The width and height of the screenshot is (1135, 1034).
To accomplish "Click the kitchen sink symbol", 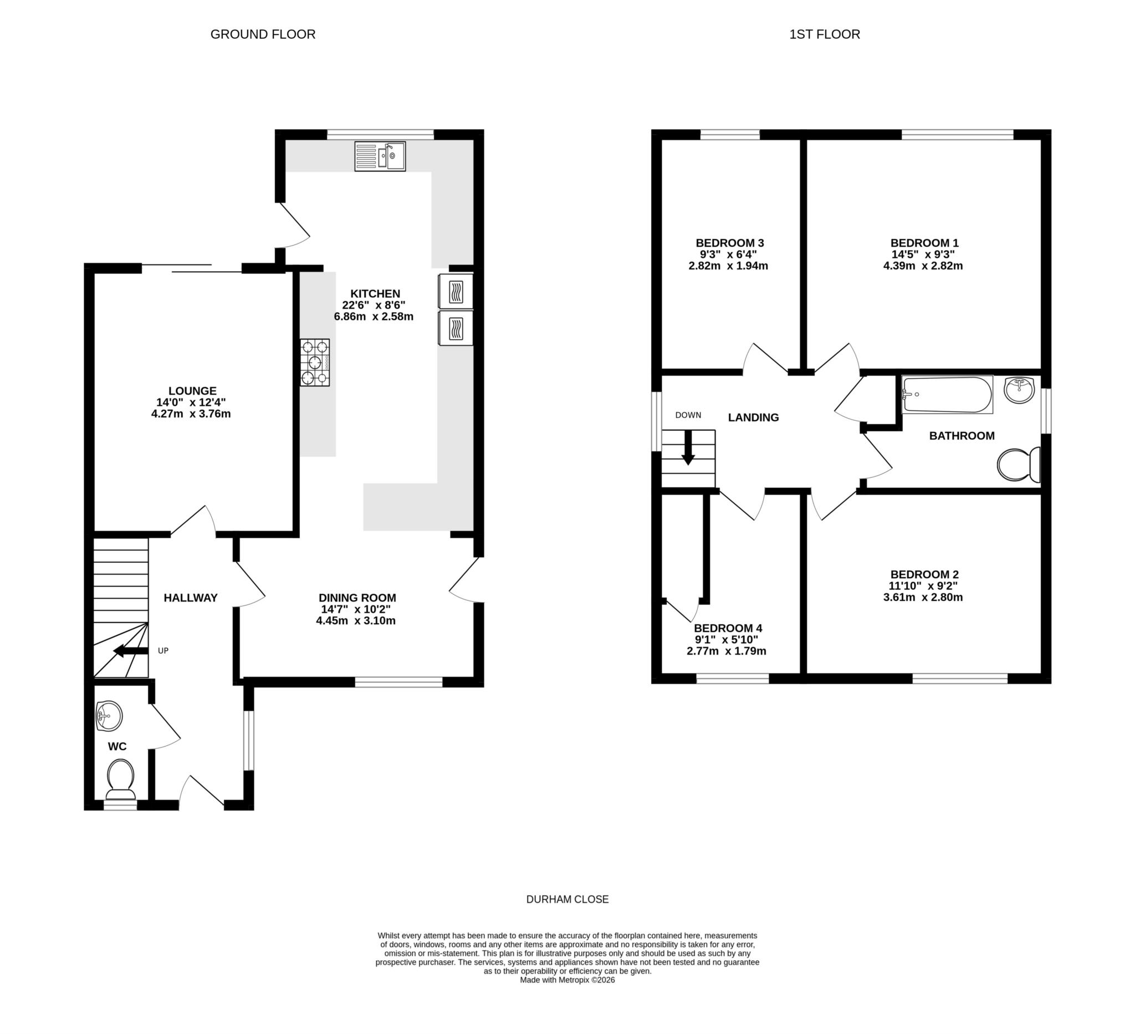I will pos(380,156).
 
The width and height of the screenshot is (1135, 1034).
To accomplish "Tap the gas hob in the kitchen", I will pos(315,362).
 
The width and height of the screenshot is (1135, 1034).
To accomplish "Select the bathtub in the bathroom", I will pos(947,394).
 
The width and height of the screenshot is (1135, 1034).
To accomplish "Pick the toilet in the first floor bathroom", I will pos(1019,465).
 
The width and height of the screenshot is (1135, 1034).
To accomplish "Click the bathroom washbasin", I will pos(1020,390).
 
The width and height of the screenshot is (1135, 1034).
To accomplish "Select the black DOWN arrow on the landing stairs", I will pos(688,449).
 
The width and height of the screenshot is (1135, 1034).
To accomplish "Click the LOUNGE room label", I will pos(192,391).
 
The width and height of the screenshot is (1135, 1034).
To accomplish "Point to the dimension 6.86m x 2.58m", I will pos(374,317).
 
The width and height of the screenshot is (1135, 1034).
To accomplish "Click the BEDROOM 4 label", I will pos(728,628).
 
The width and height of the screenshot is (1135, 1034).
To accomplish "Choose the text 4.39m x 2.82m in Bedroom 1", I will pos(923,266).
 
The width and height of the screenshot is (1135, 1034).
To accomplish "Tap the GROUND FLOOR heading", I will pos(263,34).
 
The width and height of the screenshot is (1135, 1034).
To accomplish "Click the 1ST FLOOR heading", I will pos(824,34).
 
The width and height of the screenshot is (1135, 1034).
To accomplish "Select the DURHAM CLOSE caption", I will pos(567,899).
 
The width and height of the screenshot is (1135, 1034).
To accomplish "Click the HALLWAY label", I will pos(190,598).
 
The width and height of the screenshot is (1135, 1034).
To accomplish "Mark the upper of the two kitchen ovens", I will pos(456,291).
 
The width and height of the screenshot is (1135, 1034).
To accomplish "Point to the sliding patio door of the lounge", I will pos(191,268).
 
